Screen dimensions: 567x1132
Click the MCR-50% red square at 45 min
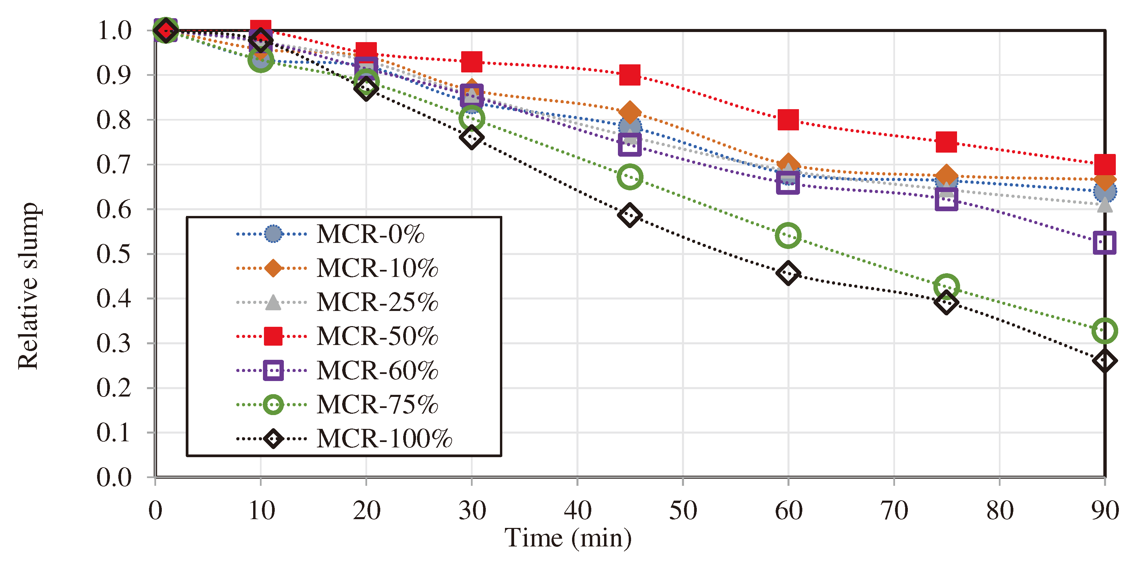[x=630, y=75]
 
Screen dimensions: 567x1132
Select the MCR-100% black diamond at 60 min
[x=788, y=273]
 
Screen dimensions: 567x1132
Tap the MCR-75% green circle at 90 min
[x=1104, y=330]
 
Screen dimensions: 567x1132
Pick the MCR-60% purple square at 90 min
[x=1104, y=243]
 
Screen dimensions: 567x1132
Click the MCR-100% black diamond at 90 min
[x=1104, y=361]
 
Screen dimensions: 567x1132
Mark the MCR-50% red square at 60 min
[x=788, y=120]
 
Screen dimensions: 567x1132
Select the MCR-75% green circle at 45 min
[x=630, y=177]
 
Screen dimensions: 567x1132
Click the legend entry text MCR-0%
[x=370, y=234]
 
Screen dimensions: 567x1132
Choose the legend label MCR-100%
[x=384, y=438]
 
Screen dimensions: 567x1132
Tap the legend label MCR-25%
[x=377, y=302]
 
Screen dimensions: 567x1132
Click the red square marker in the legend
[x=273, y=336]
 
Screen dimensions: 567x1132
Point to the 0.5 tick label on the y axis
[x=114, y=254]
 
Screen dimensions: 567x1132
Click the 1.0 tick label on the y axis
[x=114, y=31]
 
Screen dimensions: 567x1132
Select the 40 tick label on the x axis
[x=577, y=511]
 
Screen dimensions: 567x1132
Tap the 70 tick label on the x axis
[x=894, y=511]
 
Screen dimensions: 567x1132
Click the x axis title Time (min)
[x=567, y=538]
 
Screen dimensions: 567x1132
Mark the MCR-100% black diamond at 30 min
[x=472, y=137]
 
